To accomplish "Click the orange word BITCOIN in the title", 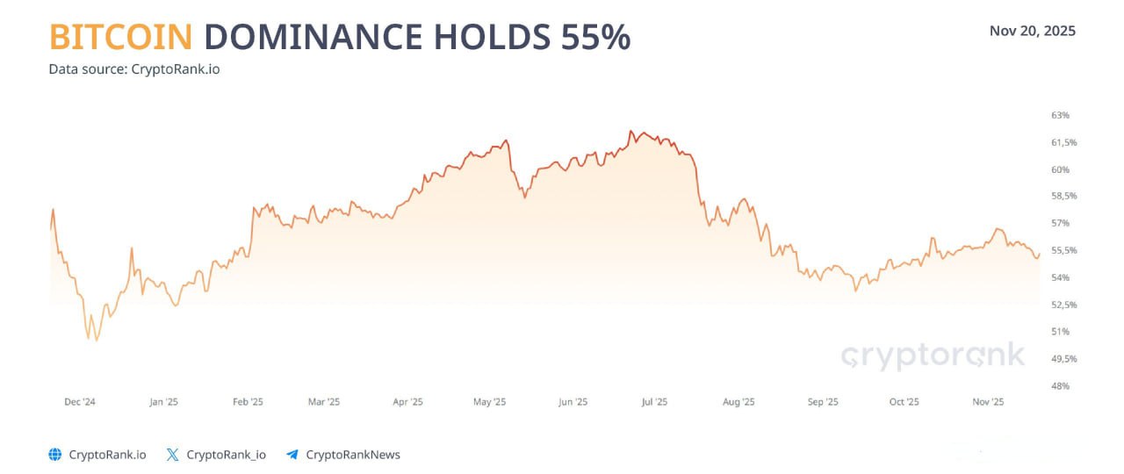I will [120, 37].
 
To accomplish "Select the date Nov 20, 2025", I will [1032, 31].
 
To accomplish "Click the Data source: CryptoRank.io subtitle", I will [134, 68].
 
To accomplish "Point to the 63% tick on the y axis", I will [1060, 115].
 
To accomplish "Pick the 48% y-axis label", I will [1060, 385].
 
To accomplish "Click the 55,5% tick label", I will [1063, 250].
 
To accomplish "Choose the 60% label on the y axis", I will [1060, 169].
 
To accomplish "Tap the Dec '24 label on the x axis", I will [80, 402].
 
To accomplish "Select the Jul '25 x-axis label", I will [654, 402].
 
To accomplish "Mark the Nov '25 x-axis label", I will [988, 402].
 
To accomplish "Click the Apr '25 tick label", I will [407, 402].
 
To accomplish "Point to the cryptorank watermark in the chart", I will [933, 355].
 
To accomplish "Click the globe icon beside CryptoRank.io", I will [55, 455].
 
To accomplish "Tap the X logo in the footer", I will [172, 455].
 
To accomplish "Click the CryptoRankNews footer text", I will [353, 455].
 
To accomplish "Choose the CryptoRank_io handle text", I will [227, 455].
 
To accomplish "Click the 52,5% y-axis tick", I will [1063, 305].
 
